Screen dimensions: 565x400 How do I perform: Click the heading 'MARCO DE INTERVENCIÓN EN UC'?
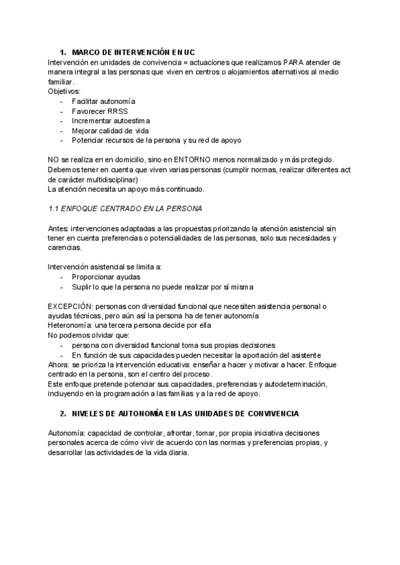point(133,52)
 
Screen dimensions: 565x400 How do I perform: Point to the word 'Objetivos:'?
point(64,91)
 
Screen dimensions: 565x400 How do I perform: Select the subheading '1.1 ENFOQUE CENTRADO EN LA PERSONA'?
point(125,208)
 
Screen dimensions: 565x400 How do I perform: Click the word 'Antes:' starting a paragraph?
point(59,228)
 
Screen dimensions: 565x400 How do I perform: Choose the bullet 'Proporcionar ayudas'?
point(106,277)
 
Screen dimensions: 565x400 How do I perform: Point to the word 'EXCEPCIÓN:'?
point(71,306)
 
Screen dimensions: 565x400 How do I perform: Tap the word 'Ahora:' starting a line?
point(59,365)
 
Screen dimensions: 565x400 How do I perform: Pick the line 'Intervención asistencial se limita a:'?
point(105,267)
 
